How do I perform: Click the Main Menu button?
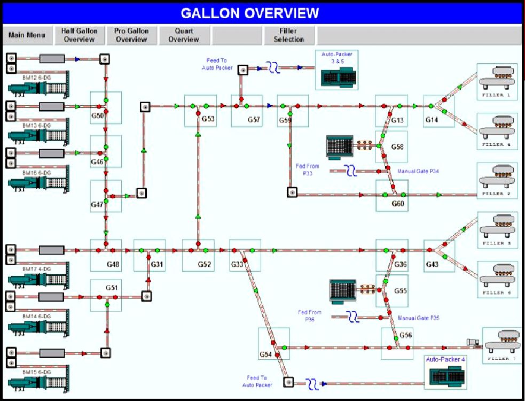(x=27, y=35)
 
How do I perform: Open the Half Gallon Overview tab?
(x=80, y=35)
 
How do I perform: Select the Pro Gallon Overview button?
(x=131, y=35)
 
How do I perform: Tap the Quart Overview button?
(x=184, y=35)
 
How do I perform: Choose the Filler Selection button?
(x=288, y=35)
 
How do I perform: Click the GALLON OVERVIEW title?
(x=250, y=13)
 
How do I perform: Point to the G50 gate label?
(x=97, y=116)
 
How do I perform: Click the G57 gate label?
(x=254, y=120)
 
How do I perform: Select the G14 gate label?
(x=432, y=120)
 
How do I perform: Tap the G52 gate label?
(x=205, y=264)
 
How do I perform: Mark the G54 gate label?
(x=266, y=354)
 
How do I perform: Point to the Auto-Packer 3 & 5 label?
(x=336, y=58)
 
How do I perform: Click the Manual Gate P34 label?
(x=418, y=172)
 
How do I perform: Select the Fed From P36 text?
(x=310, y=315)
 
